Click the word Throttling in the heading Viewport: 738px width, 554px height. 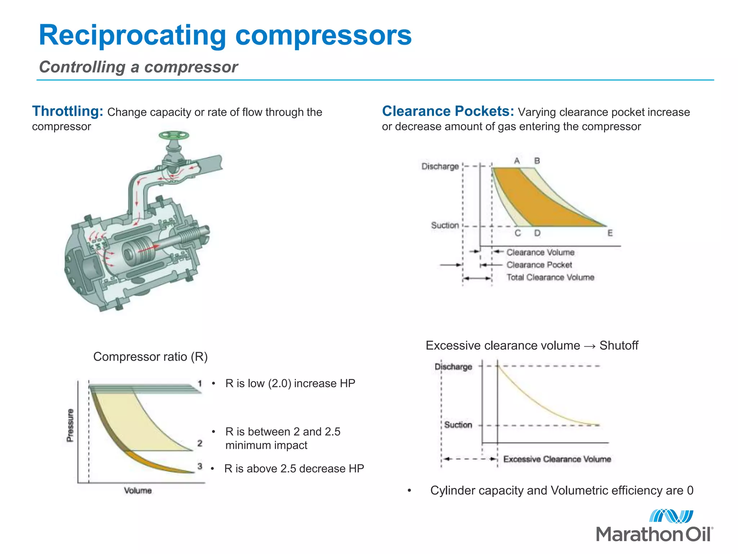68,111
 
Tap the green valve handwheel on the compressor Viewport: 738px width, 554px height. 174,136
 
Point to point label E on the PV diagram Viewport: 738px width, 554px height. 610,233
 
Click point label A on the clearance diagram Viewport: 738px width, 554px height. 517,161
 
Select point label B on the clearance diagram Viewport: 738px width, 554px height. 537,161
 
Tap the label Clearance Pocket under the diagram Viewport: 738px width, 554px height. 539,265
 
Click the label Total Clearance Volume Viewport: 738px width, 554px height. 550,277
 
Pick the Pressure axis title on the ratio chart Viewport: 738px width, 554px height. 70,425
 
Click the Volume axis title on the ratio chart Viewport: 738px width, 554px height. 138,491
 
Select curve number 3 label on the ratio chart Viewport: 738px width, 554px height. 200,466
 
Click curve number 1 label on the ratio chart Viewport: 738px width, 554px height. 200,383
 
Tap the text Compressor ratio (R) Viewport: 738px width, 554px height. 150,357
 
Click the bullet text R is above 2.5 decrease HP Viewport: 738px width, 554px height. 294,469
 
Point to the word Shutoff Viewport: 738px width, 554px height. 618,346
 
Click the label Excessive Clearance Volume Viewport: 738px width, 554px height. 557,459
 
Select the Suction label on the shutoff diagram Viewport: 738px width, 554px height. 458,425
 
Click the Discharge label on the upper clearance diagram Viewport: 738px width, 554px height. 440,166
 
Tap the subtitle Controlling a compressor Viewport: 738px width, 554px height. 138,67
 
